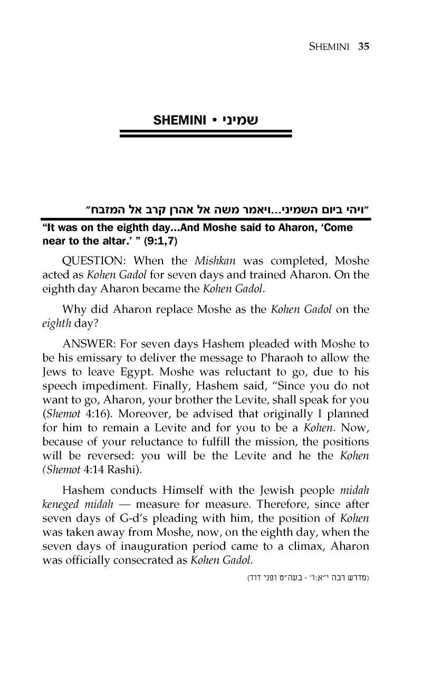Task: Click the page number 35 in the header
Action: point(362,46)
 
